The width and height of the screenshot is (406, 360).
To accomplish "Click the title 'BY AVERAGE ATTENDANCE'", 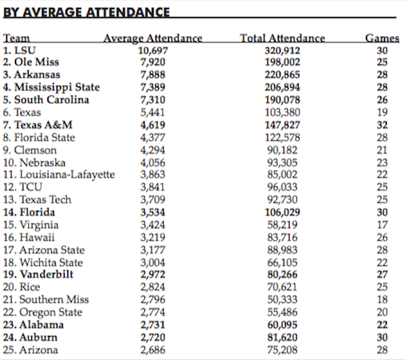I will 86,12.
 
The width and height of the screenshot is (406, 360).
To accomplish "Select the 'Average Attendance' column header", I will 153,38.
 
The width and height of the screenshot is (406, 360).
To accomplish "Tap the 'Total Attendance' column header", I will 282,38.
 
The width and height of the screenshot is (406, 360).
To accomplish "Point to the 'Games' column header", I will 382,38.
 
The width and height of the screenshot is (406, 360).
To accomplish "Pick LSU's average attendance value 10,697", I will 153,50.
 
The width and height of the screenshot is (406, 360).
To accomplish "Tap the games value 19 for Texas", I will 382,112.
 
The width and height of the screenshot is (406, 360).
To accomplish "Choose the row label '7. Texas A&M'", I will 35,125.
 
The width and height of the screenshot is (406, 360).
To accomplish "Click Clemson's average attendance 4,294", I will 152,150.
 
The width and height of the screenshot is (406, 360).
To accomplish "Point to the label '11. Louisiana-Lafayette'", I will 59,175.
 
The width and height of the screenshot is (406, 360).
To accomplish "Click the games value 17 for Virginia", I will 382,225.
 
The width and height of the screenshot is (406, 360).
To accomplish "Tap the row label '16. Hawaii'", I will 29,237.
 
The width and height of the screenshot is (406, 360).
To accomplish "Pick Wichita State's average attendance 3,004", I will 152,262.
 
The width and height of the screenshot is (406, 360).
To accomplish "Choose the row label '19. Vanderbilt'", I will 38,275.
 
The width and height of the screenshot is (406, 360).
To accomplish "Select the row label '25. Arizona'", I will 31,350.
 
